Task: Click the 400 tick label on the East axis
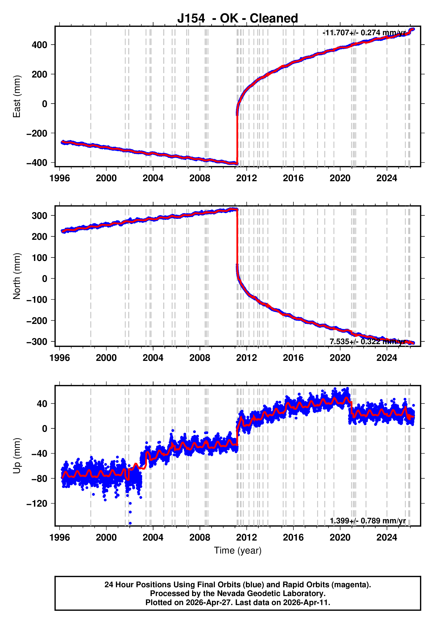pyautogui.click(x=39, y=45)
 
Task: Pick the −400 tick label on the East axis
pyautogui.click(x=37, y=163)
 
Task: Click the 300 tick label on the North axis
pyautogui.click(x=39, y=216)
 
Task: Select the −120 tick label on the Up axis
pyautogui.click(x=37, y=504)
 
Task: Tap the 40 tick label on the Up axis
pyautogui.click(x=42, y=404)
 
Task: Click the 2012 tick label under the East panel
pyautogui.click(x=246, y=178)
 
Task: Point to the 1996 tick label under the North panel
pyautogui.click(x=60, y=358)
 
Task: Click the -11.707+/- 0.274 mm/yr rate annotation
pyautogui.click(x=364, y=33)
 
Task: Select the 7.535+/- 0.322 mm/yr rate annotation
pyautogui.click(x=367, y=342)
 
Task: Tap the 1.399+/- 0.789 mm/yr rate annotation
pyautogui.click(x=367, y=521)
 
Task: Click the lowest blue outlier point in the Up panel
pyautogui.click(x=130, y=523)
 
